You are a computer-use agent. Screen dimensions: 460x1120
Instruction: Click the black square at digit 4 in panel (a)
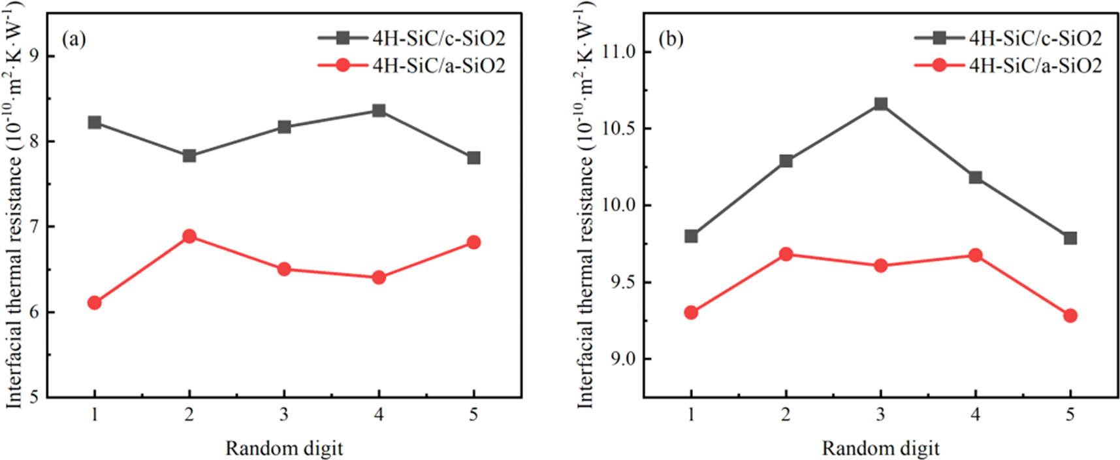coord(379,110)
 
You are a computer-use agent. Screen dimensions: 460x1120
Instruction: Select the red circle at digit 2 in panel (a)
coord(189,236)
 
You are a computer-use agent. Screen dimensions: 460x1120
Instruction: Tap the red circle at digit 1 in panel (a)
coord(95,303)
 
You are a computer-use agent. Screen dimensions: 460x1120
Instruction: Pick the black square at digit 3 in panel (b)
coord(880,104)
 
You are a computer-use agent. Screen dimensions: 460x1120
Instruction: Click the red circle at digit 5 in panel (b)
coord(1070,316)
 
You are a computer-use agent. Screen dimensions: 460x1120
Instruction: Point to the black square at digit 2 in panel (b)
coord(786,161)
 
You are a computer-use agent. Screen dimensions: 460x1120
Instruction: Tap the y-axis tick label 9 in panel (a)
coord(35,56)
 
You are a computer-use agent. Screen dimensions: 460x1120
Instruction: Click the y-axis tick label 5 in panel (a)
coord(35,397)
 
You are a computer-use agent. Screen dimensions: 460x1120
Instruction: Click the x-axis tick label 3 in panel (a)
coord(284,414)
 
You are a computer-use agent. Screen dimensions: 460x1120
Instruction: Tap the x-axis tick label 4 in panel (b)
coord(975,414)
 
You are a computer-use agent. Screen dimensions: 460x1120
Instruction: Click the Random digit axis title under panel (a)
coord(284,448)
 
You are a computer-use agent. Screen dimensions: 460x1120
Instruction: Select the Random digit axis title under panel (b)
coord(880,448)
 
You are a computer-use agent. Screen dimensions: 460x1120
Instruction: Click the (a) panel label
coord(74,39)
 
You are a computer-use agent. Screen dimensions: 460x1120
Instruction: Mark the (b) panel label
coord(671,39)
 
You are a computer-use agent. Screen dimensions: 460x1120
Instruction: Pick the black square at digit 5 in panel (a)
coord(473,158)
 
